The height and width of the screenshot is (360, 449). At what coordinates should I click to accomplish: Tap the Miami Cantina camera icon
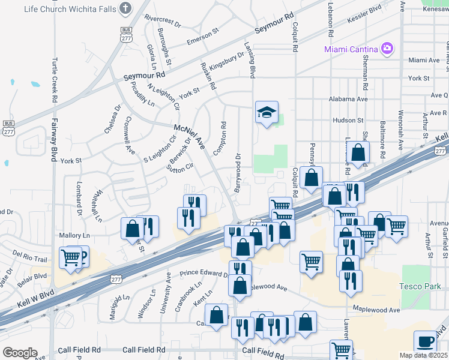387,48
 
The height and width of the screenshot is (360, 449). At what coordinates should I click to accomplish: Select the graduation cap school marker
267,112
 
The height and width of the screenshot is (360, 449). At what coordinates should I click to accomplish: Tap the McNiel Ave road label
190,137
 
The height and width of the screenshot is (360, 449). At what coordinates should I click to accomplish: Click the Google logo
20,352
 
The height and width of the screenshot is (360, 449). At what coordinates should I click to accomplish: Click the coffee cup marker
426,341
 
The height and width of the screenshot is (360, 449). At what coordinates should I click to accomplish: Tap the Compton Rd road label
224,137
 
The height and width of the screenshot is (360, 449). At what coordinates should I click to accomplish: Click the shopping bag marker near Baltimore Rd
358,154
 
